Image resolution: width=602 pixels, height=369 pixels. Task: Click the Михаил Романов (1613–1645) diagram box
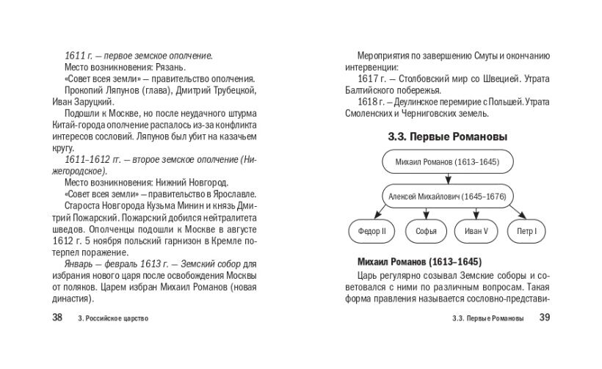click(x=447, y=162)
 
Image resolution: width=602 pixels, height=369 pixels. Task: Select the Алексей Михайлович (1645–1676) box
click(x=448, y=197)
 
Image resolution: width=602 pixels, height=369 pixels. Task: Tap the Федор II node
click(x=371, y=232)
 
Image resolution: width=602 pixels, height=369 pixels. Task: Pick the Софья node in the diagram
click(x=425, y=232)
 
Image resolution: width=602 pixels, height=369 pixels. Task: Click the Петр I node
click(x=526, y=232)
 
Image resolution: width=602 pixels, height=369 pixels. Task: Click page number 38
click(x=57, y=318)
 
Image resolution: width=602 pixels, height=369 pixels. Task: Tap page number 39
click(x=544, y=318)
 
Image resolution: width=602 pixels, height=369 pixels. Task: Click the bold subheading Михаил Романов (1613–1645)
click(x=419, y=262)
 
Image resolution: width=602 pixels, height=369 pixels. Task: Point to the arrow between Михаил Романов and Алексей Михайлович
click(x=447, y=179)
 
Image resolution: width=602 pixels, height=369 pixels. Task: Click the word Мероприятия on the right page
click(x=384, y=55)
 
